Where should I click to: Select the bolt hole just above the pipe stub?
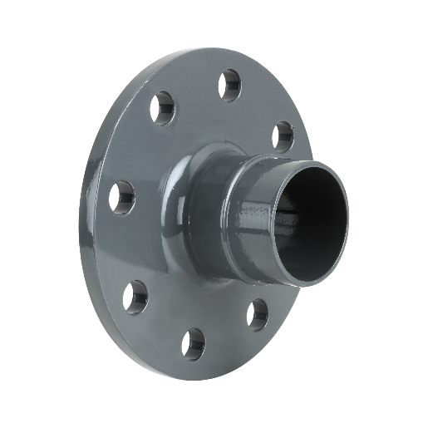click(283, 135)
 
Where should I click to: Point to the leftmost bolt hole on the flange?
click(124, 196)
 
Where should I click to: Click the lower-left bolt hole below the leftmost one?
click(135, 293)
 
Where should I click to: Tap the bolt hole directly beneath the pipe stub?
click(257, 314)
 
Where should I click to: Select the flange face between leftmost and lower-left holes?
click(125, 245)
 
